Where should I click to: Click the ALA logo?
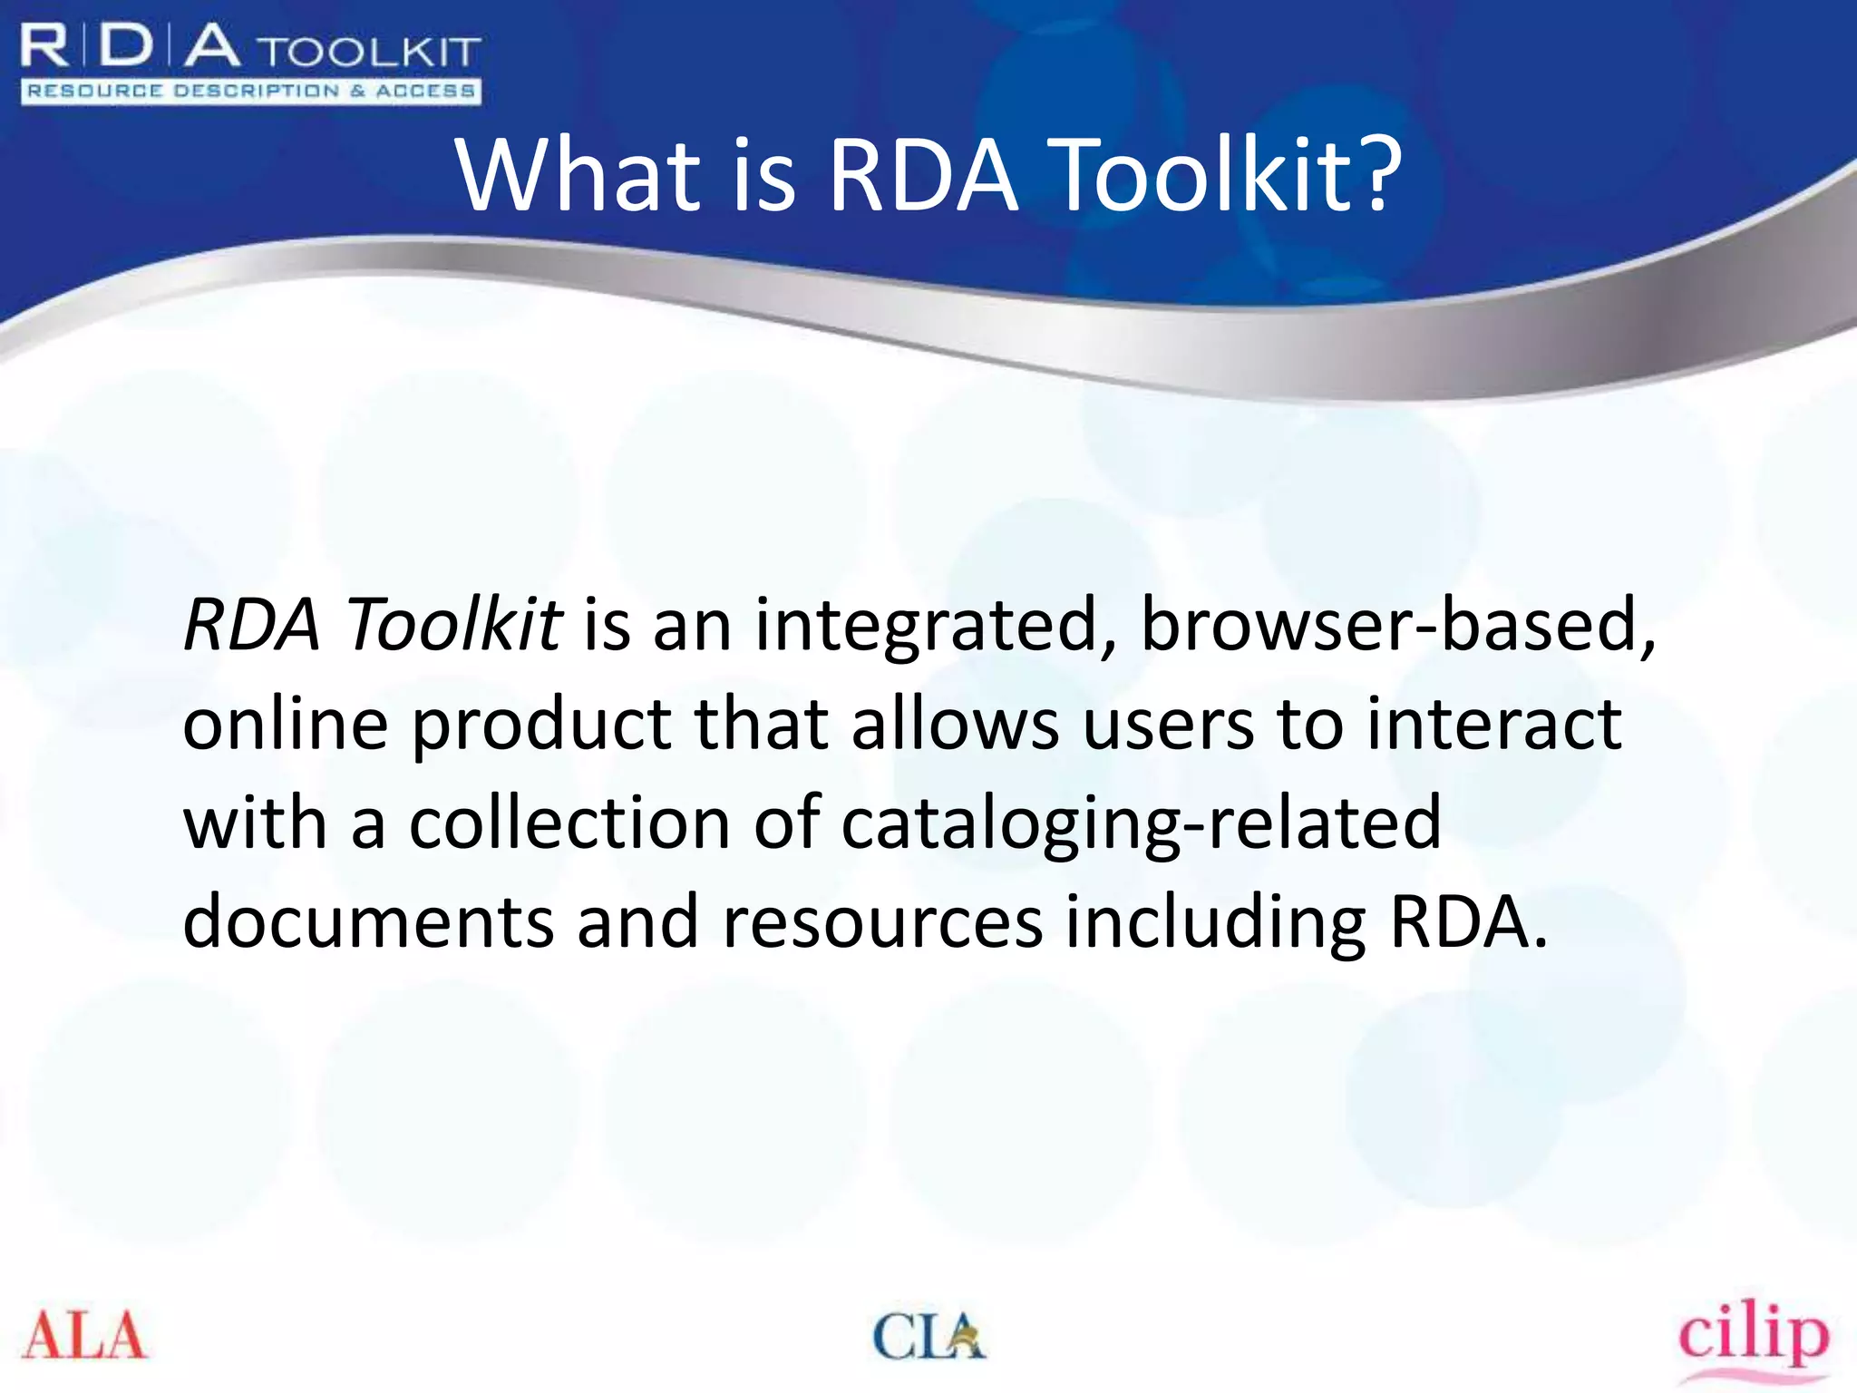(84, 1336)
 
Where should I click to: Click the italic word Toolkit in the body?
(454, 625)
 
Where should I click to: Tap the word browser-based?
(1397, 625)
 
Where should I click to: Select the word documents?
(368, 921)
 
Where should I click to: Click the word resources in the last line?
(881, 923)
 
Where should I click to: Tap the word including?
(1215, 923)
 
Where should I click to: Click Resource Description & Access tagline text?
(250, 91)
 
